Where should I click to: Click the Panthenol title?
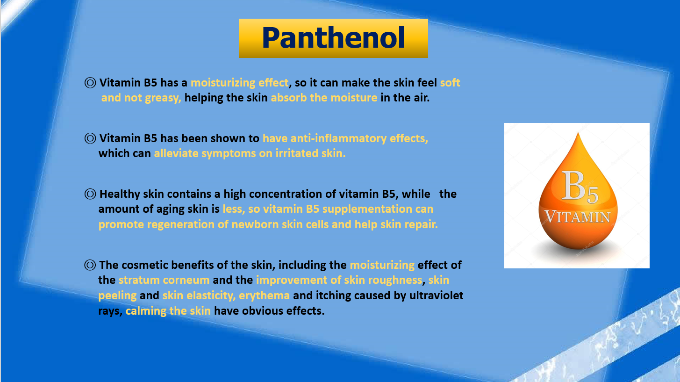click(333, 38)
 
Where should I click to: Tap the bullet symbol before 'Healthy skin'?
click(90, 194)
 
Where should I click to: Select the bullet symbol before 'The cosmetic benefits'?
click(90, 265)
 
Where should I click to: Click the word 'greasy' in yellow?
click(163, 98)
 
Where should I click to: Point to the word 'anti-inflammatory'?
click(338, 138)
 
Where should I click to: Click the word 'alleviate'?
click(176, 153)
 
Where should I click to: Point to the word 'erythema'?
click(264, 296)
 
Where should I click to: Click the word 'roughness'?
click(395, 280)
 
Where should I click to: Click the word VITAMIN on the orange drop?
click(577, 217)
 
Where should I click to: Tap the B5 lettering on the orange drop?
click(580, 186)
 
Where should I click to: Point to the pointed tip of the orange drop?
click(578, 133)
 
